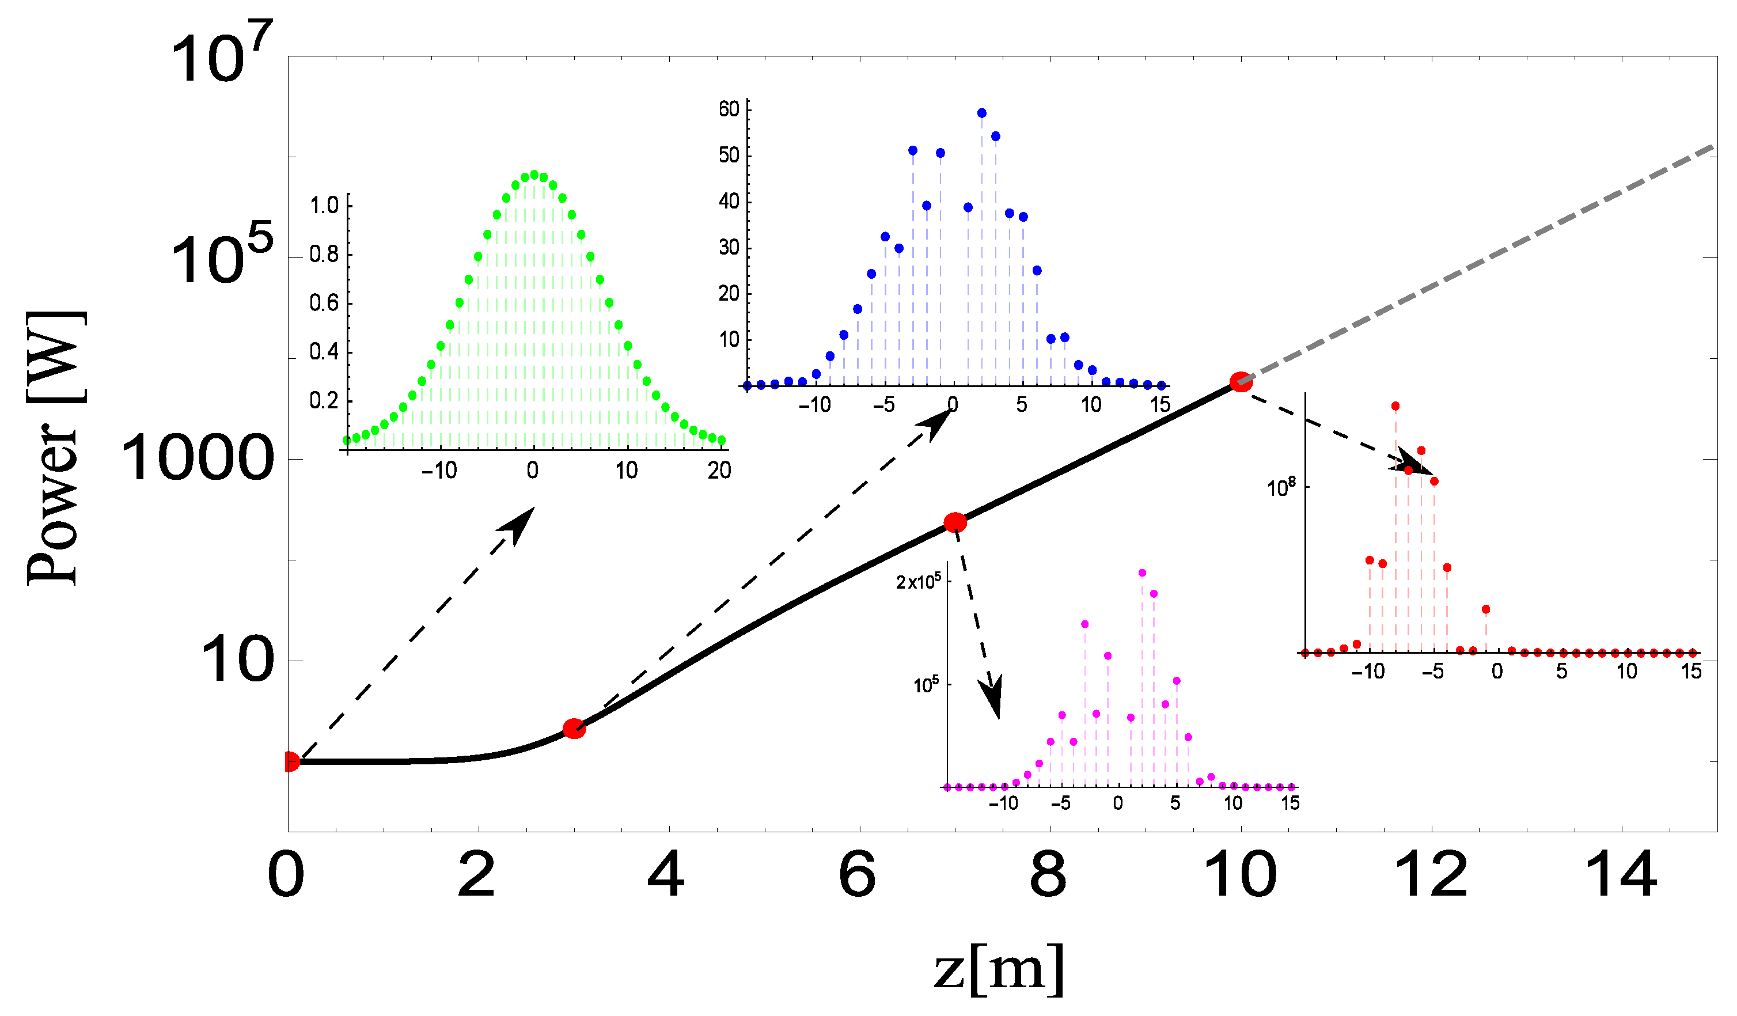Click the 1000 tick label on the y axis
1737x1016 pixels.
pyautogui.click(x=197, y=459)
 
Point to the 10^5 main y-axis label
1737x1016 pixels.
pyautogui.click(x=221, y=256)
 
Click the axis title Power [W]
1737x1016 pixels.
pyautogui.click(x=56, y=448)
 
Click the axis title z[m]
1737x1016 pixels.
pyautogui.click(x=999, y=968)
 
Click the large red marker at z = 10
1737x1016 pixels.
pyautogui.click(x=1241, y=382)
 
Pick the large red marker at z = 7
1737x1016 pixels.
pyautogui.click(x=955, y=522)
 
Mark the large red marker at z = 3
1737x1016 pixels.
pyautogui.click(x=574, y=729)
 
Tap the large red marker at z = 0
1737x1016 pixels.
pyautogui.click(x=291, y=761)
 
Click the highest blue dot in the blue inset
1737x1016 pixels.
pyautogui.click(x=981, y=113)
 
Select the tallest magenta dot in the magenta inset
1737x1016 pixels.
pyautogui.click(x=1142, y=573)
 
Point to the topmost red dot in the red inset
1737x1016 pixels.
pyautogui.click(x=1395, y=406)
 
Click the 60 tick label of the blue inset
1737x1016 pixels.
pyautogui.click(x=729, y=109)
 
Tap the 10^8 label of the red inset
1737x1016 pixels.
pyautogui.click(x=1281, y=487)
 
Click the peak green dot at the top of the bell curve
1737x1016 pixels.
pyautogui.click(x=534, y=175)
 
